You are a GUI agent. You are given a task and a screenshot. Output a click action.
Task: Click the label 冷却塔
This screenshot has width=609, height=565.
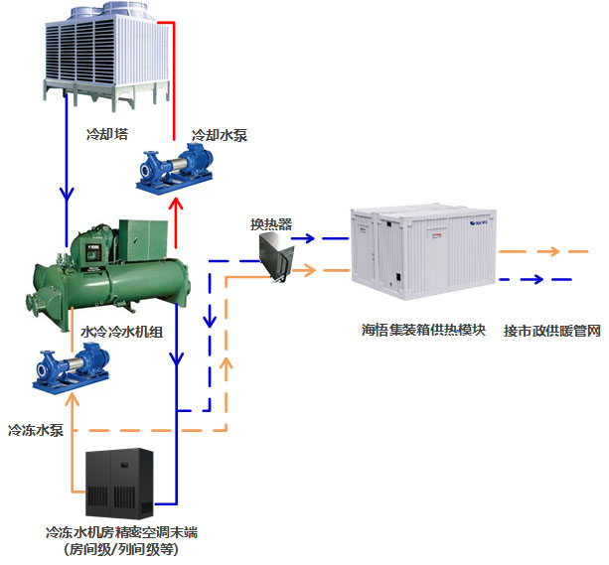[106, 130]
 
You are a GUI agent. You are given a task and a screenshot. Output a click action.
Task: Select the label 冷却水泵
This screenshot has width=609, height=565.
[220, 135]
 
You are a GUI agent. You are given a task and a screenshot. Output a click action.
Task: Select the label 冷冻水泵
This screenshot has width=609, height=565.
[36, 431]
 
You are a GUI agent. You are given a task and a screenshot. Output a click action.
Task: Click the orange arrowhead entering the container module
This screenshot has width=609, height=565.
[313, 269]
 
